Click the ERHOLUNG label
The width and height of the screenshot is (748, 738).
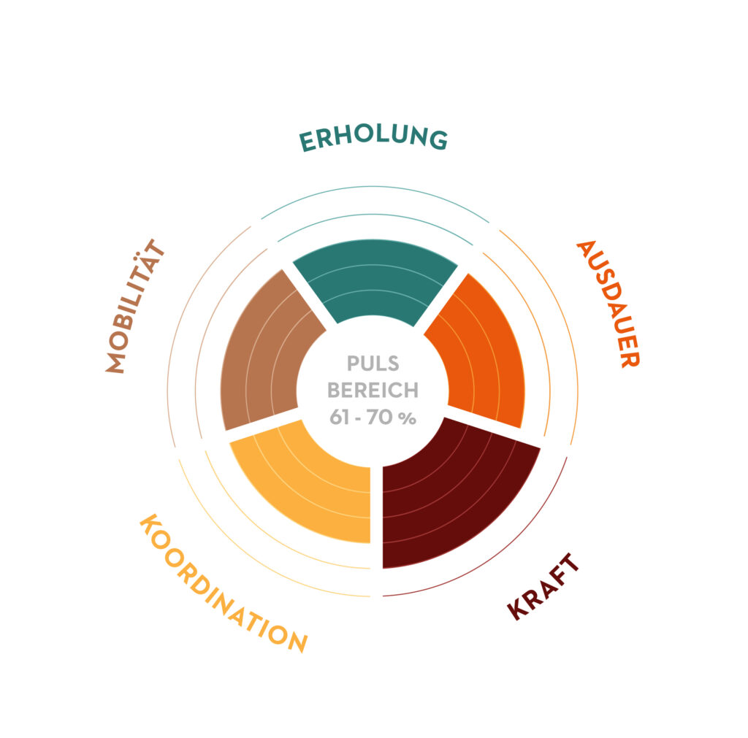[373, 138]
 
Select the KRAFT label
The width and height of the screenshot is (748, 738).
[543, 586]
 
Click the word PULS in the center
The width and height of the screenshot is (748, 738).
[373, 364]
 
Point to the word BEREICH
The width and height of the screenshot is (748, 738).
[373, 391]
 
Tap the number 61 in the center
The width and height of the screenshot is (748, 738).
[339, 417]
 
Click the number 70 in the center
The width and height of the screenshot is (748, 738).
[380, 417]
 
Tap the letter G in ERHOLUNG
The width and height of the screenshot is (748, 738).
[438, 139]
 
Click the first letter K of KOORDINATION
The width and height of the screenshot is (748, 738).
[149, 524]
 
